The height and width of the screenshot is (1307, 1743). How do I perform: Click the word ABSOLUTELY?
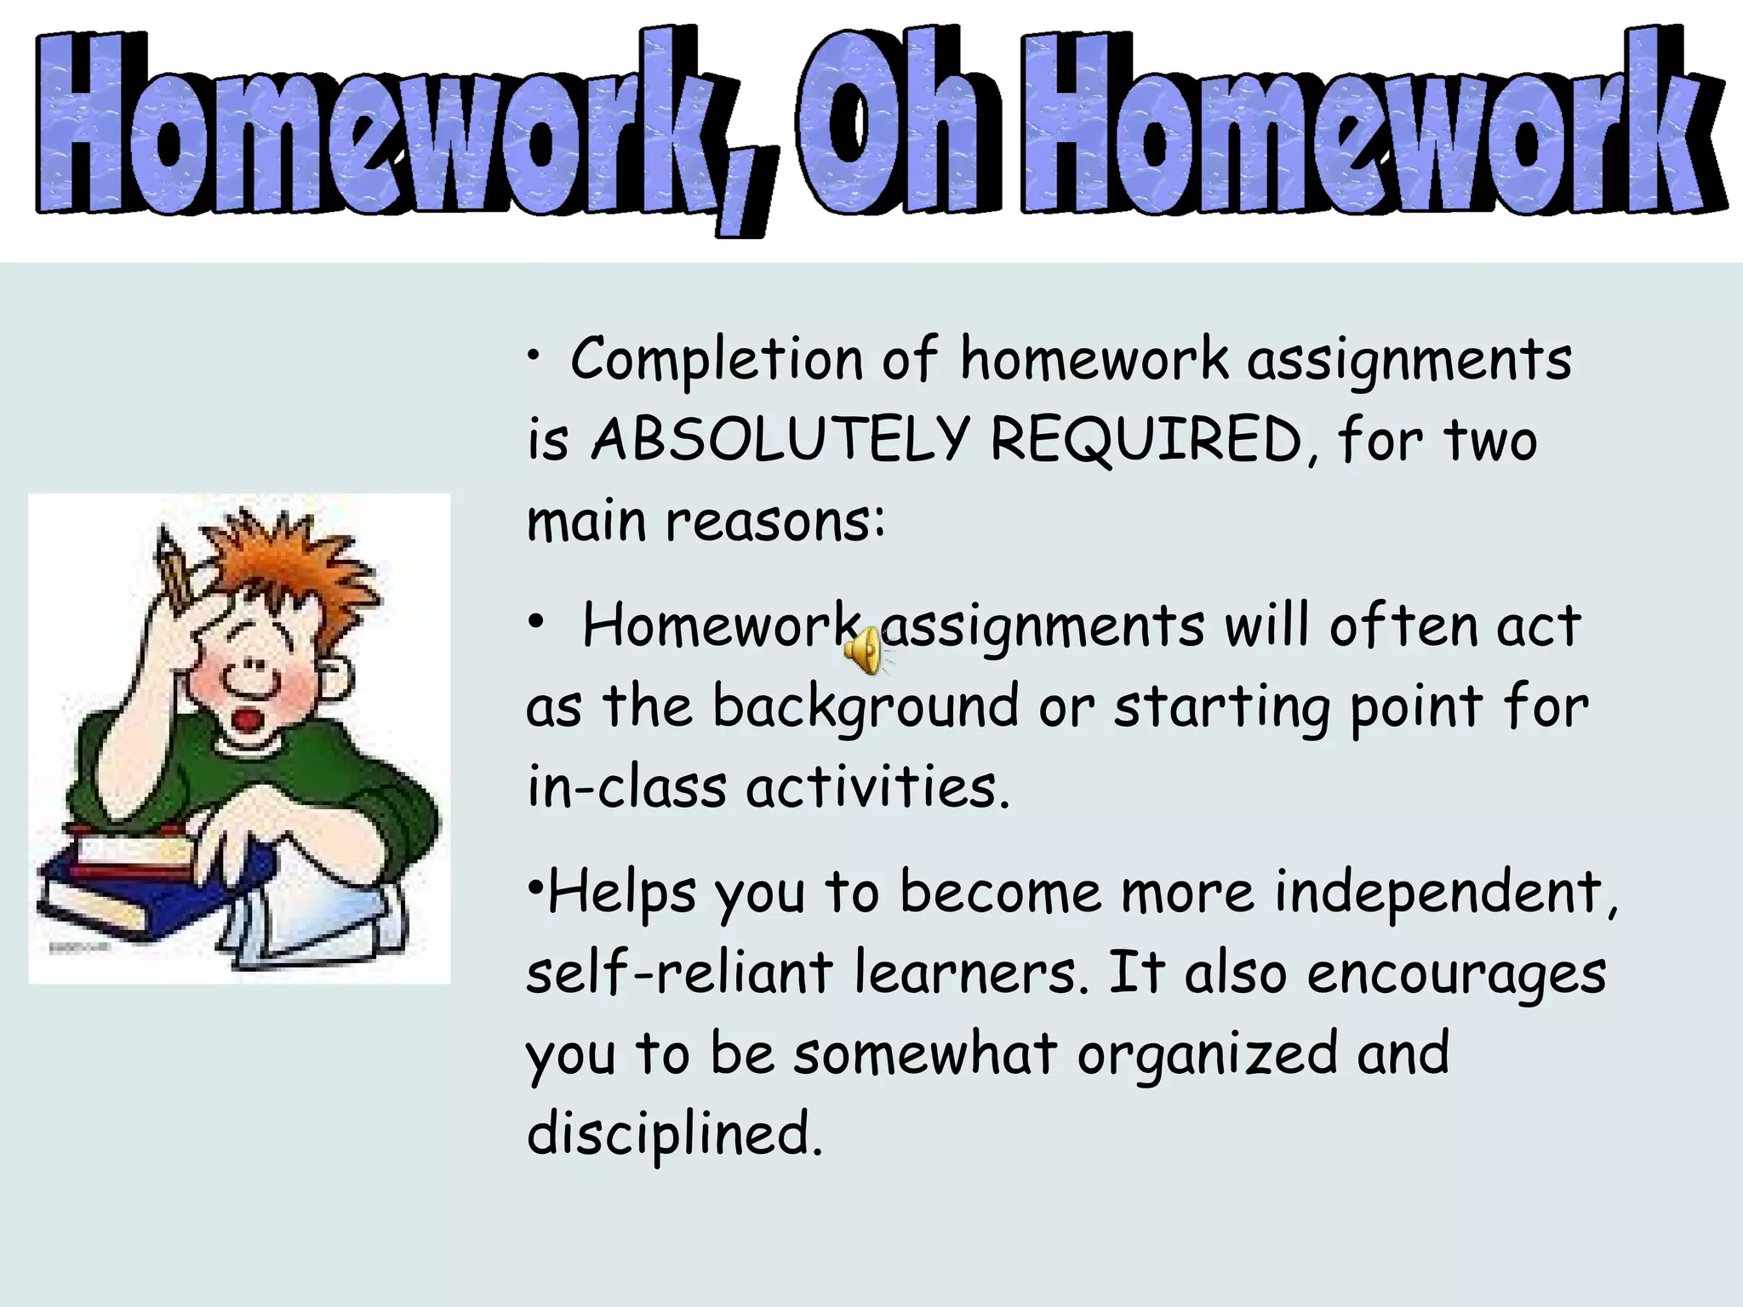pos(780,440)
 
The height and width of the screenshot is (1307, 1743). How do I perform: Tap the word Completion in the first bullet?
pos(717,359)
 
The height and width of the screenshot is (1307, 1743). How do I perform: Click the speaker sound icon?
pos(865,650)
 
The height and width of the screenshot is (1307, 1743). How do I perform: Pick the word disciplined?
pos(675,1134)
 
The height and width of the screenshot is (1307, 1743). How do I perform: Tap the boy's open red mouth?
pos(249,720)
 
